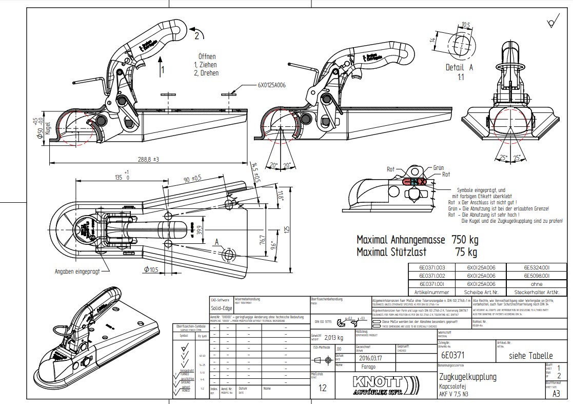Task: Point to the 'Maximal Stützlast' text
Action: (x=394, y=252)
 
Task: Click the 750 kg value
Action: (x=465, y=239)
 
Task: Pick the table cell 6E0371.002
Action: (x=432, y=276)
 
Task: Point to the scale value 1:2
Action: (x=322, y=388)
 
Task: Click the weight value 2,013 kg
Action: (x=333, y=338)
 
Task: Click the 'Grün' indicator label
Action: (x=438, y=168)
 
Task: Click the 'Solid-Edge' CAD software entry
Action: (x=222, y=309)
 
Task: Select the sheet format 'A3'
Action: (x=556, y=394)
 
